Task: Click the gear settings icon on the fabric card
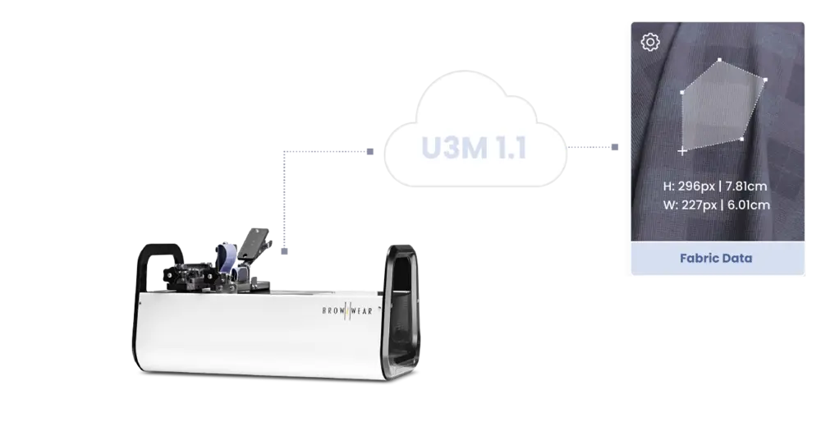pos(649,42)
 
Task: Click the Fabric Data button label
pos(716,258)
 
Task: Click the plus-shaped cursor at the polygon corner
pos(682,151)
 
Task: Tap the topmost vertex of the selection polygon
pos(720,60)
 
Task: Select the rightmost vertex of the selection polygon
pos(765,80)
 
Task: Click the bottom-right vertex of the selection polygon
pos(741,139)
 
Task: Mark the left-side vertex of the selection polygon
pos(682,92)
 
